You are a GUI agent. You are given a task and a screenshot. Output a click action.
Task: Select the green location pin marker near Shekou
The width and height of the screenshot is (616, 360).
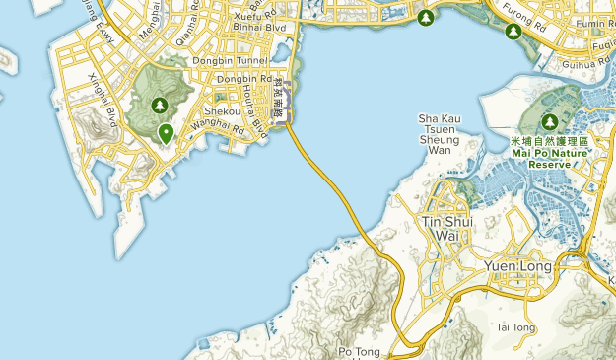(167, 132)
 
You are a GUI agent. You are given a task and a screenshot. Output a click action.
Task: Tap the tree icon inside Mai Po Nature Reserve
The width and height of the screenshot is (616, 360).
(550, 121)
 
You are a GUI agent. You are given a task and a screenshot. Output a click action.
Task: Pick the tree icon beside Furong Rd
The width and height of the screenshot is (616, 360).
(513, 32)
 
